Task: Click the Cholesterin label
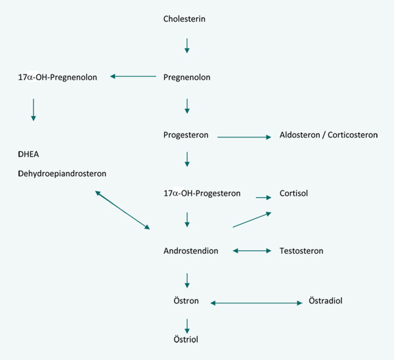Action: click(x=184, y=18)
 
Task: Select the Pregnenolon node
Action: click(x=186, y=77)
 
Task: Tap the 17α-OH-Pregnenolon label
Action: click(x=58, y=77)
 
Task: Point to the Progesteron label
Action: click(x=186, y=135)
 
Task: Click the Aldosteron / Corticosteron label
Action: click(x=328, y=135)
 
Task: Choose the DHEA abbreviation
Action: click(x=30, y=154)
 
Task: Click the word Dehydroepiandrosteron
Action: click(x=62, y=173)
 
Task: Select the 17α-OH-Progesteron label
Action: click(x=202, y=193)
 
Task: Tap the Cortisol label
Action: click(x=294, y=193)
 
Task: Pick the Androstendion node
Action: click(x=190, y=251)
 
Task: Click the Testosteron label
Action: click(x=301, y=251)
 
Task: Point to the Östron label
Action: click(x=185, y=301)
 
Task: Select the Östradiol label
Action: click(x=326, y=301)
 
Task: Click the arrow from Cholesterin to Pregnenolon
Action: click(x=187, y=45)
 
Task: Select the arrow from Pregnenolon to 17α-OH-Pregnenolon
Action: click(x=133, y=77)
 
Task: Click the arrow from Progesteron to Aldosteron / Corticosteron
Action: click(x=244, y=137)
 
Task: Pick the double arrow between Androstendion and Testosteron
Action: click(x=252, y=251)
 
